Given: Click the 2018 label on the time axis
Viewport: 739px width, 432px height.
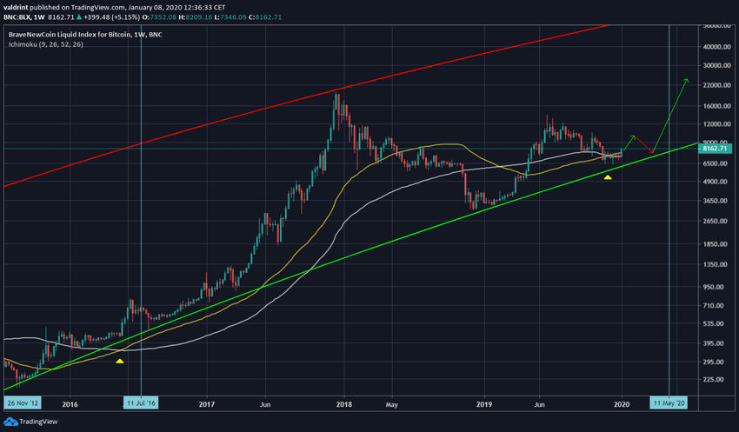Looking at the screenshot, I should pos(344,404).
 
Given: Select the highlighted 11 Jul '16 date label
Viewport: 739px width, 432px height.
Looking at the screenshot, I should pos(140,404).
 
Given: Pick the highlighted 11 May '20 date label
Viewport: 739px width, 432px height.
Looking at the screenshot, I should pos(668,404).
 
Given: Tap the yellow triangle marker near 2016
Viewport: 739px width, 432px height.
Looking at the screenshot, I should pos(120,360).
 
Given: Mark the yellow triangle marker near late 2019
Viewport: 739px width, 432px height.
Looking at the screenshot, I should pos(608,177).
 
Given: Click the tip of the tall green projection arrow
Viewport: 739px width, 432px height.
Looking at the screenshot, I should pos(687,79).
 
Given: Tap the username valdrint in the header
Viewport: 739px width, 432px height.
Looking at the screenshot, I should pos(18,6).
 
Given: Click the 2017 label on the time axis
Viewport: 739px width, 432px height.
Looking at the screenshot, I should pos(207,404).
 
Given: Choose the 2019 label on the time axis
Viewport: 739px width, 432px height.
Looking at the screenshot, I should pos(484,404).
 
